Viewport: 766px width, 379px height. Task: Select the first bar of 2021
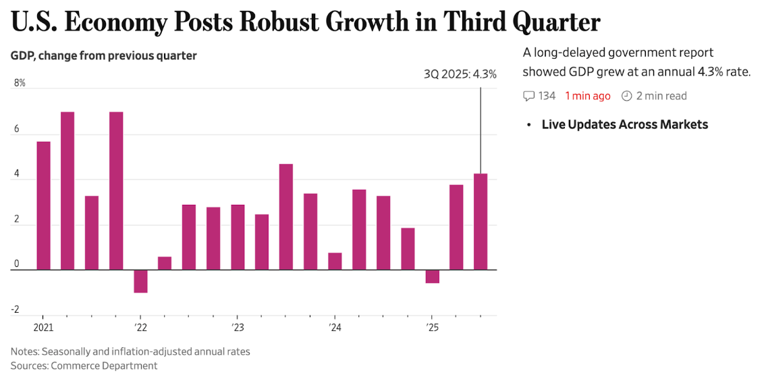click(x=43, y=205)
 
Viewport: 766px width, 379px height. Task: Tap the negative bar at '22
click(x=140, y=281)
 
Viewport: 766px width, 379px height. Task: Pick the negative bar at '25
click(x=432, y=276)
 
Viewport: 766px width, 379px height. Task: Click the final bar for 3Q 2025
click(x=481, y=222)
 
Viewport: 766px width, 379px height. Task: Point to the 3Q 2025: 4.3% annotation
click(x=460, y=74)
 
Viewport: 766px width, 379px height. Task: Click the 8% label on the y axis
click(x=20, y=83)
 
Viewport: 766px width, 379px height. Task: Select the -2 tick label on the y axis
click(x=16, y=309)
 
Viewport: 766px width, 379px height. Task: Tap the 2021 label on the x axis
click(x=43, y=328)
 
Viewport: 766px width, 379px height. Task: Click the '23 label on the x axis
click(x=238, y=328)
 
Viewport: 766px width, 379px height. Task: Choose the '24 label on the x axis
click(x=335, y=328)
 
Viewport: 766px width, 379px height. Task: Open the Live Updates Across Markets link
click(x=624, y=124)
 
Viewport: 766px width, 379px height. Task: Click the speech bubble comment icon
click(x=529, y=96)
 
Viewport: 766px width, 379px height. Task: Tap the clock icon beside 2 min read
click(x=626, y=96)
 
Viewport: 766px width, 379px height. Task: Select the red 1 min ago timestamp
click(x=587, y=96)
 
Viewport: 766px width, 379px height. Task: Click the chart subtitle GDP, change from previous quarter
click(x=104, y=56)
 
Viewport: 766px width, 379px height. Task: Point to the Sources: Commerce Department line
click(x=84, y=365)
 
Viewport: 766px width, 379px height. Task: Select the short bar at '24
click(x=335, y=261)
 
